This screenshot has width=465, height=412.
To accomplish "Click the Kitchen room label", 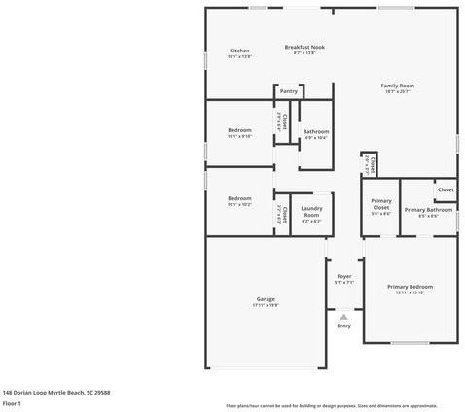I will tap(239, 51).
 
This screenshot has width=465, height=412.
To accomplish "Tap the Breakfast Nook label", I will tap(304, 47).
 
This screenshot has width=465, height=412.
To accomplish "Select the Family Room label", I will tap(397, 86).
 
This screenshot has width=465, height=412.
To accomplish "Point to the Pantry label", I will tap(289, 91).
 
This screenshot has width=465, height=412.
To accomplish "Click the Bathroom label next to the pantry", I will tap(316, 131).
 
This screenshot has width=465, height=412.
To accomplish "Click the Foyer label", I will tap(343, 277).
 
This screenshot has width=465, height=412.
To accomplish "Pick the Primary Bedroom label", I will tap(410, 287).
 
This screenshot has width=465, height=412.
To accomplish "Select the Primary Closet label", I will tap(381, 204).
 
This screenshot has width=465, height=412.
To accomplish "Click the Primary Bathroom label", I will tap(428, 210).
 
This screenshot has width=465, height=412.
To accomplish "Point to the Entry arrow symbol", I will tap(343, 316).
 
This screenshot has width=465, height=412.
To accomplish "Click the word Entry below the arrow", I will tap(343, 326).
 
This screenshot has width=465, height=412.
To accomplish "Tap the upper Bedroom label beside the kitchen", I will tap(239, 130).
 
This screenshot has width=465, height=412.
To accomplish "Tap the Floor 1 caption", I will tap(12, 402).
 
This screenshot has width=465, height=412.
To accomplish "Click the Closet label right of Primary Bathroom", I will tap(446, 189).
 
